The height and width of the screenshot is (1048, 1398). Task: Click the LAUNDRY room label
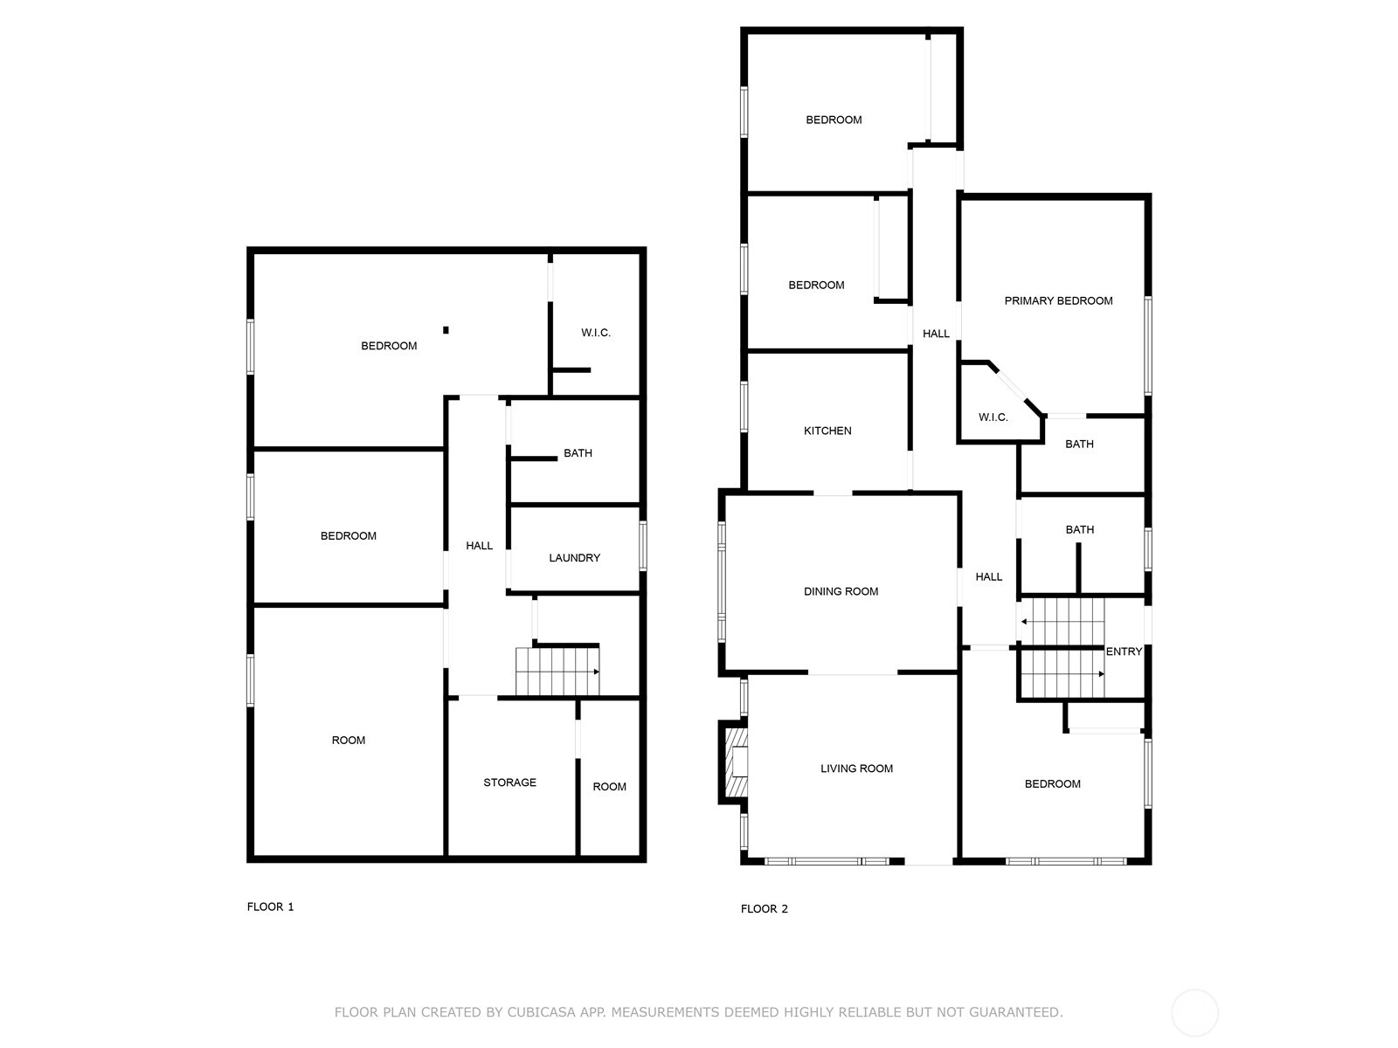[x=574, y=558]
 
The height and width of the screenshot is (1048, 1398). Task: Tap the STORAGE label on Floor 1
[x=509, y=783]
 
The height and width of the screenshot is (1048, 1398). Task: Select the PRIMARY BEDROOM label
[x=1058, y=301]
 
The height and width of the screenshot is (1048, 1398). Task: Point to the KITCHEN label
[x=827, y=431]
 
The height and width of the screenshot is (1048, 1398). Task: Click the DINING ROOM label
[x=841, y=591]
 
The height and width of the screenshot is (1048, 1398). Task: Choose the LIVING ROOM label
[x=856, y=769]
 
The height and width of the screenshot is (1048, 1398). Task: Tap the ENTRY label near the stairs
[x=1124, y=652]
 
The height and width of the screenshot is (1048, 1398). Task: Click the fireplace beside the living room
[x=733, y=762]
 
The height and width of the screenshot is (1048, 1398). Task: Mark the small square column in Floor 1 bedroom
[x=446, y=329]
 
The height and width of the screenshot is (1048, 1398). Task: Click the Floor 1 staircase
[x=557, y=672]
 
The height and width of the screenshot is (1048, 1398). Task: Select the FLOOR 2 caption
[x=764, y=908]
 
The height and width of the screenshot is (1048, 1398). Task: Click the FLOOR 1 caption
[x=270, y=907]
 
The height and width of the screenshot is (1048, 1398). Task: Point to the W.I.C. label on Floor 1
[x=596, y=333]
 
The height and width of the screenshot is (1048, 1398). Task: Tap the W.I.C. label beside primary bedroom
[x=993, y=417]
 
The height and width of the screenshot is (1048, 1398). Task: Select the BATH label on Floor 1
[x=578, y=453]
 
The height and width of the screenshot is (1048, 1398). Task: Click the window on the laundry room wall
[x=643, y=546]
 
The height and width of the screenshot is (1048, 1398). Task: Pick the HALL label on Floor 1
[x=479, y=545]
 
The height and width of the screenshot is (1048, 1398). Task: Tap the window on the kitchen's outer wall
[x=744, y=406]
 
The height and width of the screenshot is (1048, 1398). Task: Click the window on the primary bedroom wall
[x=1148, y=346]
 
